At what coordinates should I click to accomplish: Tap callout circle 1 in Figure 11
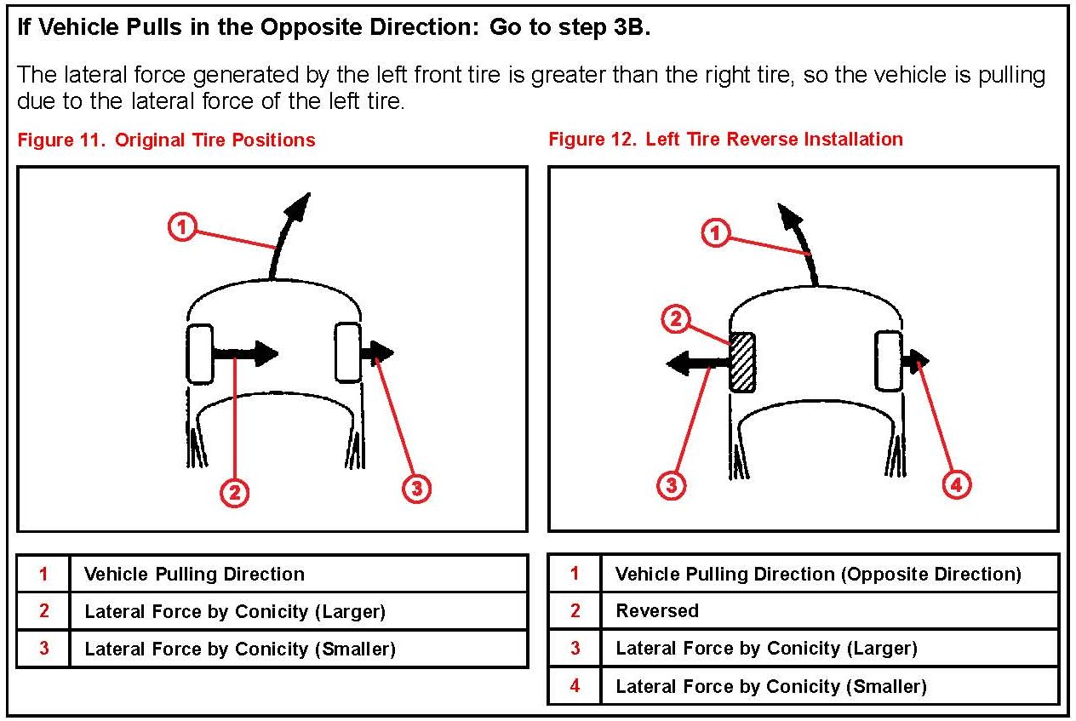click(183, 228)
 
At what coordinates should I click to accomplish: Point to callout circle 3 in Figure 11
click(415, 489)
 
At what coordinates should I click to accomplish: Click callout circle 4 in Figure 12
click(957, 485)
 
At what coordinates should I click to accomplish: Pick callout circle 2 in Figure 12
click(674, 320)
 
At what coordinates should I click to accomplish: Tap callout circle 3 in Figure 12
click(672, 485)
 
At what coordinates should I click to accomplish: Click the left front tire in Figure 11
click(199, 353)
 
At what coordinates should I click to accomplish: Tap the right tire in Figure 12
click(889, 362)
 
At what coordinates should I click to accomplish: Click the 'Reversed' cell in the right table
click(657, 611)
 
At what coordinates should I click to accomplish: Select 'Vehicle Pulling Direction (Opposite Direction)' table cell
click(817, 574)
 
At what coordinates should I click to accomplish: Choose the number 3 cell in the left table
click(43, 649)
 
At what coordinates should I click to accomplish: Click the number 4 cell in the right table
click(575, 686)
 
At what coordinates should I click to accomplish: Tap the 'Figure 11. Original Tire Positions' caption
click(166, 140)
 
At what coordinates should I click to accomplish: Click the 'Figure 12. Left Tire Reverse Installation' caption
click(725, 139)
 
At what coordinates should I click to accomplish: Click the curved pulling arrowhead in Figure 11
click(300, 205)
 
